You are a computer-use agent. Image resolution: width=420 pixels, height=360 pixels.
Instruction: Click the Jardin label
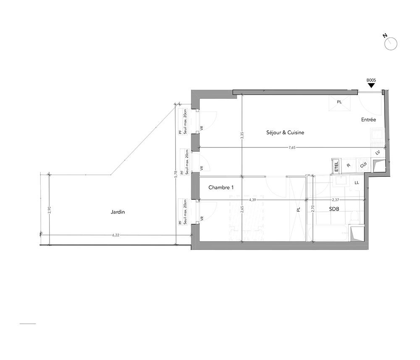(x=118, y=212)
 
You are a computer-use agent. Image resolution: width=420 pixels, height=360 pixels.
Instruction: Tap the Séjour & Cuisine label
(x=285, y=132)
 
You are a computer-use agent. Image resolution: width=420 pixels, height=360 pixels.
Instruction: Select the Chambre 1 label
(x=221, y=187)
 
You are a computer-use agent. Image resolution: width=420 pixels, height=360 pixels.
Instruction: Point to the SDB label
(x=334, y=209)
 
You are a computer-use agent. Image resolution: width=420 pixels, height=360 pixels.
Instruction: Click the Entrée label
(x=368, y=120)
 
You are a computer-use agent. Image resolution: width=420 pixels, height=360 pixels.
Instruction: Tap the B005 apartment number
(x=371, y=80)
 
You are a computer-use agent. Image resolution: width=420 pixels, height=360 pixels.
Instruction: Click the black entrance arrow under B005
(x=371, y=85)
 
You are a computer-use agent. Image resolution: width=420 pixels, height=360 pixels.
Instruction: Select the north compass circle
(x=391, y=44)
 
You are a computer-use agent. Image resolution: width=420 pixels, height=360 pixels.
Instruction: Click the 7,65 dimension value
(x=292, y=147)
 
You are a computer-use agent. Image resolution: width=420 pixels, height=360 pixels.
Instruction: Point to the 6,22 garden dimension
(x=116, y=235)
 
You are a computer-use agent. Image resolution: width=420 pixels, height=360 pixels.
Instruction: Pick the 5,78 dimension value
(x=176, y=174)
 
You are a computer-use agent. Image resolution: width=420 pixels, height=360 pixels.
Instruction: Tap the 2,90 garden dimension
(x=49, y=210)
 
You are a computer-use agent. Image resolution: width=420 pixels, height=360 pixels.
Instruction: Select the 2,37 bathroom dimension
(x=335, y=200)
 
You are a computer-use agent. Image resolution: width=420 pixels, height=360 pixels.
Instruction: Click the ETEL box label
(x=336, y=167)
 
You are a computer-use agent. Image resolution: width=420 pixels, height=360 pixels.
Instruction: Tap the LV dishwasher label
(x=378, y=152)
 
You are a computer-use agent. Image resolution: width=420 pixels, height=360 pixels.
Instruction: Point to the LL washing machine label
(x=357, y=183)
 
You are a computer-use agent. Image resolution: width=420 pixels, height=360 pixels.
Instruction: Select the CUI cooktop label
(x=363, y=165)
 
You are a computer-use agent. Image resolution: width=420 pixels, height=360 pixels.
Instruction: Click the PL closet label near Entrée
(x=339, y=102)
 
